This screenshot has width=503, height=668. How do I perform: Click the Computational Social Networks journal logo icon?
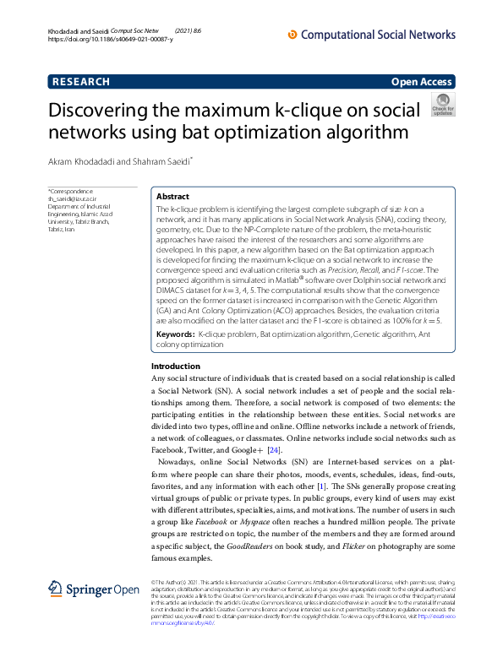click(293, 35)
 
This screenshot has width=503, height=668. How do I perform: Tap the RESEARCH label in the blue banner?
click(81, 82)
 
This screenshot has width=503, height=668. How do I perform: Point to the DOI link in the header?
click(111, 40)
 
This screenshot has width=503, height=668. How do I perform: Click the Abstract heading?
click(173, 195)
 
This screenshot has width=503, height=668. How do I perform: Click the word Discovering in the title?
click(107, 111)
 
